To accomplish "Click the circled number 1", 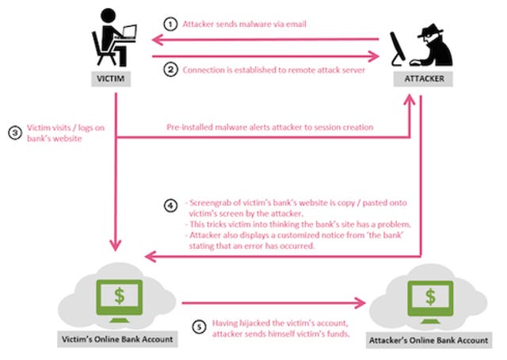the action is click(170, 25).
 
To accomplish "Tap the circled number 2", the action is click(170, 70).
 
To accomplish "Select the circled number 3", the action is click(15, 133).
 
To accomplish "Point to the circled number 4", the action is click(170, 205).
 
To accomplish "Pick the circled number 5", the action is click(199, 327).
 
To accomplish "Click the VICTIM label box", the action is click(111, 79).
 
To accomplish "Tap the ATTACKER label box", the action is click(423, 79).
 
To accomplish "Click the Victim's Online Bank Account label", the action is click(117, 339).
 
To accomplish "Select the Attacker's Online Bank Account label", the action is click(429, 340).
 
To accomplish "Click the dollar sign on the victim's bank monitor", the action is click(120, 295).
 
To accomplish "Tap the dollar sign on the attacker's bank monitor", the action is click(430, 297).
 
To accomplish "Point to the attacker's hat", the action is click(431, 31).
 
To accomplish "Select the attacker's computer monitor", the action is click(397, 48).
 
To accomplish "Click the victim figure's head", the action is click(108, 16).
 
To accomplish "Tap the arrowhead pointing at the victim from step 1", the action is click(157, 40).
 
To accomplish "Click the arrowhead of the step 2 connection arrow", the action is click(374, 56).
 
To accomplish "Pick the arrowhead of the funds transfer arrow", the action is click(360, 303).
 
